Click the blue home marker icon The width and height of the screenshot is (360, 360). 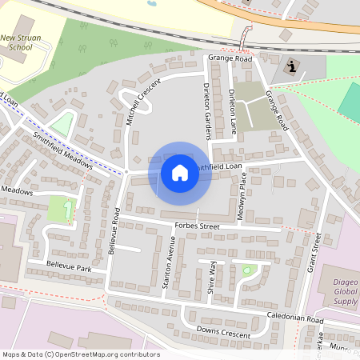[x=180, y=173]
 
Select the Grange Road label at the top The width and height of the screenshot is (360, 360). [x=230, y=58]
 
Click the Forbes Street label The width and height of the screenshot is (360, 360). [x=196, y=226]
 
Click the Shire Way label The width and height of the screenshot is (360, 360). [x=212, y=277]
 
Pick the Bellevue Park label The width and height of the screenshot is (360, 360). [x=69, y=266]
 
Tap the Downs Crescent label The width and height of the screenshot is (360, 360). [x=218, y=330]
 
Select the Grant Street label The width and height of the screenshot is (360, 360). [x=314, y=252]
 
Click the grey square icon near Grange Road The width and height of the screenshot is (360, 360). [x=291, y=68]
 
